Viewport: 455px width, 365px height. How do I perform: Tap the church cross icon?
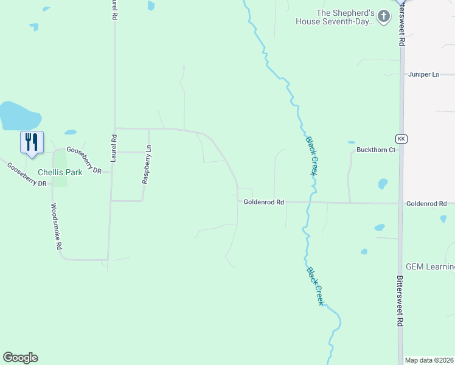coord(383,16)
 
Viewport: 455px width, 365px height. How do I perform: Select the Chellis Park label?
coord(60,172)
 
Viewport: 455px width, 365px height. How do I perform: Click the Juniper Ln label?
coord(423,74)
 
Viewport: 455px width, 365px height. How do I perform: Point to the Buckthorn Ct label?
coord(376,150)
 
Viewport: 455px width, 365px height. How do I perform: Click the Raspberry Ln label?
coord(146,164)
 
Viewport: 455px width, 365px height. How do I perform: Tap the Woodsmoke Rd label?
coord(56,227)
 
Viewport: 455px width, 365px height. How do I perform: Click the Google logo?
coord(20,358)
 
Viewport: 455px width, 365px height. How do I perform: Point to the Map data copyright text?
coord(429,360)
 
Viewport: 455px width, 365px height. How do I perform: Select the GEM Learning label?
coord(430,267)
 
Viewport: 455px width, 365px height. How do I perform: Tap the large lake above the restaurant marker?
coord(18,116)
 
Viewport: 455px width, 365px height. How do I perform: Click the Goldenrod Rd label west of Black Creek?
coord(264,202)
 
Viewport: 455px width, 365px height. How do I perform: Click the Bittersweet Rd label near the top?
coord(401,27)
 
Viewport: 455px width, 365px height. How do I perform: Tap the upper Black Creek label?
coord(311,155)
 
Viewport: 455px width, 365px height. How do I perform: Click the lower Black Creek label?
coord(315,286)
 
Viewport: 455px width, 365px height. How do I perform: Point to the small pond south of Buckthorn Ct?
coord(383,183)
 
